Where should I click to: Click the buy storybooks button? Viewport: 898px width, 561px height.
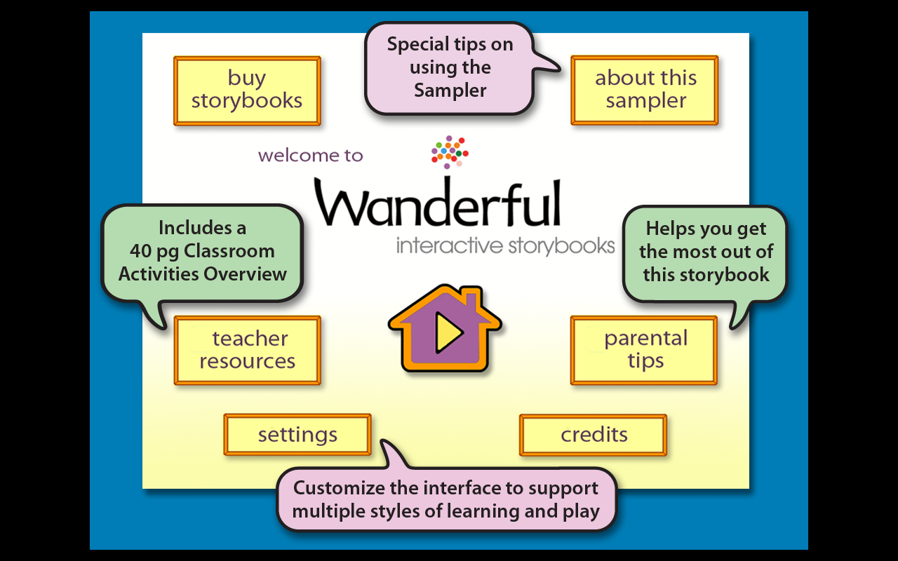pyautogui.click(x=247, y=90)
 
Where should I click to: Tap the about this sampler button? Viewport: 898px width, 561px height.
pyautogui.click(x=645, y=90)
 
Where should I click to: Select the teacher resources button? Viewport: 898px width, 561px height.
pyautogui.click(x=248, y=351)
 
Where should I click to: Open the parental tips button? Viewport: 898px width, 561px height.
pyautogui.click(x=644, y=350)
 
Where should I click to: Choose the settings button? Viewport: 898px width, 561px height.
pyautogui.click(x=297, y=435)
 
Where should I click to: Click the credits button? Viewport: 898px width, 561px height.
pyautogui.click(x=594, y=435)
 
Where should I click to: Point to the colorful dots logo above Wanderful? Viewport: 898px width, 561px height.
pyautogui.click(x=450, y=151)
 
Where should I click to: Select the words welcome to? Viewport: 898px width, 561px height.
pyautogui.click(x=310, y=156)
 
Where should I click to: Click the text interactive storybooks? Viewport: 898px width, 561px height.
pyautogui.click(x=505, y=246)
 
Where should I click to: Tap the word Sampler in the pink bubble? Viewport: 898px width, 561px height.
pyautogui.click(x=450, y=90)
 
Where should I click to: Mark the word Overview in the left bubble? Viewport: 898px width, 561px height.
pyautogui.click(x=245, y=273)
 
